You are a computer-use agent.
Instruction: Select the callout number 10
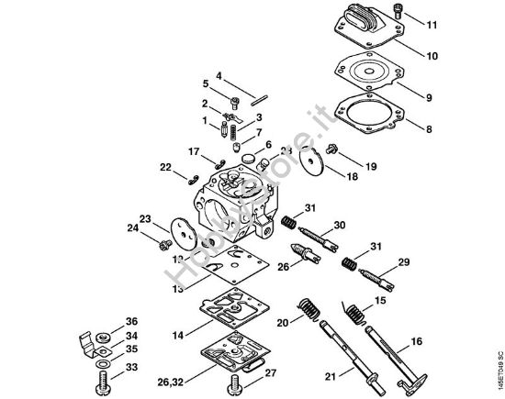(432, 55)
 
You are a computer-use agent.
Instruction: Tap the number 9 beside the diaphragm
(429, 96)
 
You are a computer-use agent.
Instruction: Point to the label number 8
(429, 131)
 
